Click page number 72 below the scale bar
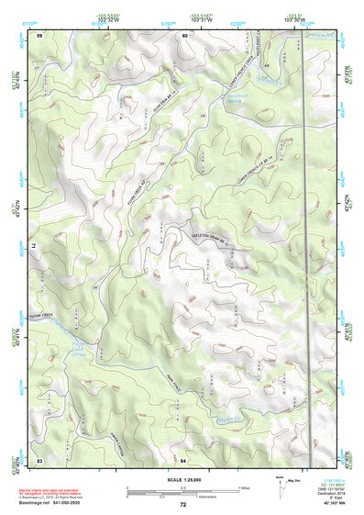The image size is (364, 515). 183,504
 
